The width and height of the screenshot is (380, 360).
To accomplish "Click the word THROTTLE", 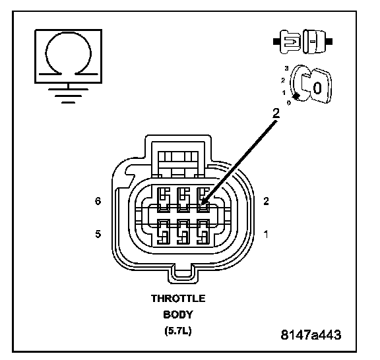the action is tap(178, 299).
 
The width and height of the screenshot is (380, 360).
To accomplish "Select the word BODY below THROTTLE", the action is tap(178, 315).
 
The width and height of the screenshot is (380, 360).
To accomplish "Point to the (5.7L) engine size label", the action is tap(178, 330).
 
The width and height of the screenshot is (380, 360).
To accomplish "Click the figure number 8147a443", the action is tap(311, 335).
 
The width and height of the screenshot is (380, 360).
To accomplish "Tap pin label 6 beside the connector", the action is tap(98, 201).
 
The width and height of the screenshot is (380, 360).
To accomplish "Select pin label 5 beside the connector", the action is tap(98, 234).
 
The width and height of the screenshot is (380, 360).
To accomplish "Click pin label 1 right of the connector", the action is tap(266, 234).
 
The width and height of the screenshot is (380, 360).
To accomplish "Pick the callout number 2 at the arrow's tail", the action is tap(276, 113).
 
